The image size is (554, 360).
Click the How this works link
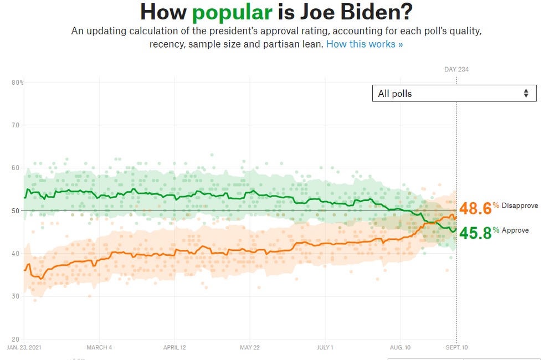coord(365,44)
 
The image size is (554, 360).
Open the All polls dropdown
coord(454,94)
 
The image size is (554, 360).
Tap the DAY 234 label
coord(456,69)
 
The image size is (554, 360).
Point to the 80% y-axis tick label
coord(17,83)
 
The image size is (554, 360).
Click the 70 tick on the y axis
coord(16,125)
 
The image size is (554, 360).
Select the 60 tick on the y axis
coord(16,168)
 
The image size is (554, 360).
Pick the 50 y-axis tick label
coord(16,210)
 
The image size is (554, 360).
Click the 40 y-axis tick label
coord(16,254)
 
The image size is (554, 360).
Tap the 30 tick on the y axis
coord(16,296)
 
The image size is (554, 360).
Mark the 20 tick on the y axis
coord(16,339)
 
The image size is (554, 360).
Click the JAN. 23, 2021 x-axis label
coord(24,348)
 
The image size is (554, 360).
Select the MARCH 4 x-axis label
coord(99,348)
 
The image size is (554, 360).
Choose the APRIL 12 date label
coord(175,348)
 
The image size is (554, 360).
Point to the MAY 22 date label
coord(249,348)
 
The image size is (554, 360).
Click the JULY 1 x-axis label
coord(325,348)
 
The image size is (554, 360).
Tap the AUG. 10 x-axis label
coord(400,348)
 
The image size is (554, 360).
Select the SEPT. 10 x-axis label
coord(456,348)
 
